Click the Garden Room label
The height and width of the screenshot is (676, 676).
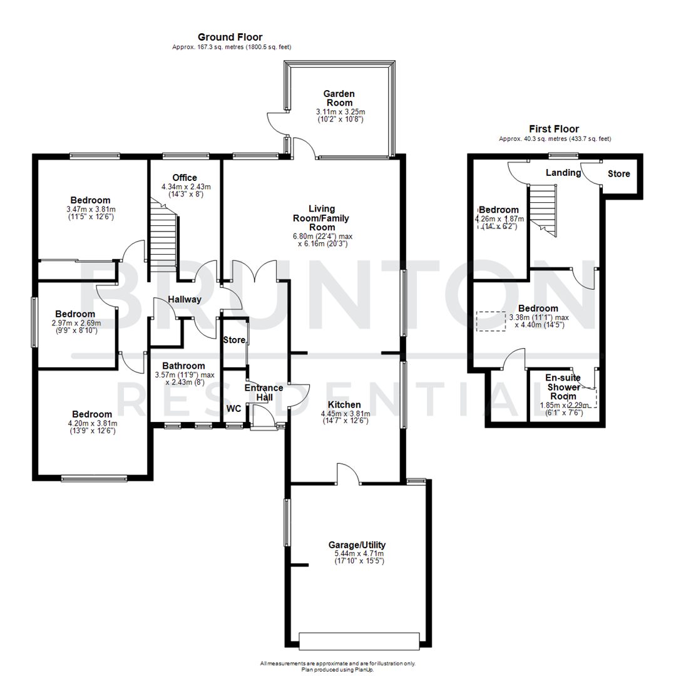click(339, 98)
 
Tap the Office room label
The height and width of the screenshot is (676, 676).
click(185, 178)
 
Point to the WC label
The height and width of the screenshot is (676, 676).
click(233, 408)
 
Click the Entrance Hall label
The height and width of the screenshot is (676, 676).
click(264, 392)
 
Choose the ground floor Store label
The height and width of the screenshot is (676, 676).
click(234, 341)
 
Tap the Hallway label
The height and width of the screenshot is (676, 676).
click(184, 299)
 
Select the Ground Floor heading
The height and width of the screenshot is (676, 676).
click(230, 38)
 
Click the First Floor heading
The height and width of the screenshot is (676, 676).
click(554, 129)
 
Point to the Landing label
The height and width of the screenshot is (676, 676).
click(563, 172)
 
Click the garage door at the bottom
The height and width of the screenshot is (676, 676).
click(359, 641)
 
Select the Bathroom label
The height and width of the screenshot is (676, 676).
click(183, 366)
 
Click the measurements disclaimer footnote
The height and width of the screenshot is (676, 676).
click(338, 663)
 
